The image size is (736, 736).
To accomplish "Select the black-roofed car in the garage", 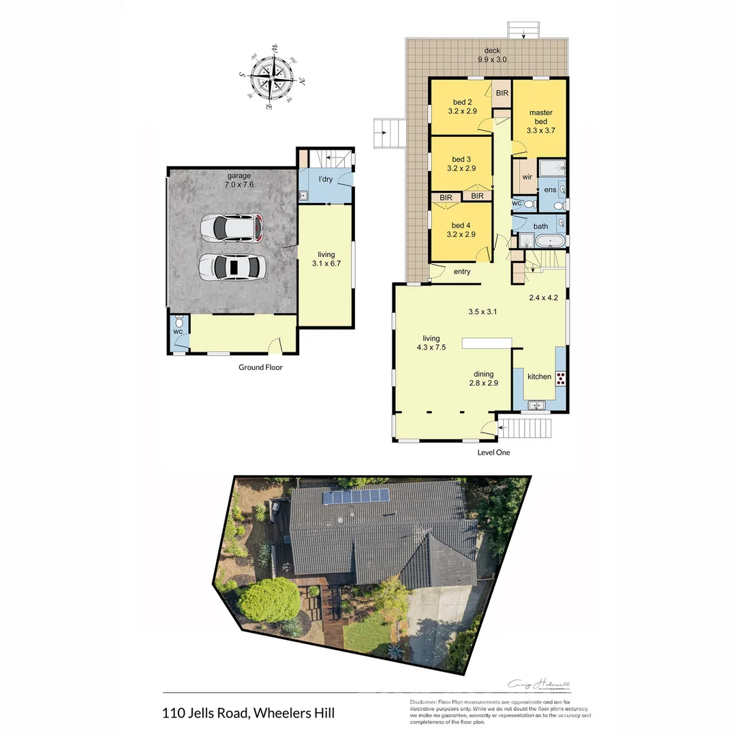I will pyautogui.click(x=232, y=266).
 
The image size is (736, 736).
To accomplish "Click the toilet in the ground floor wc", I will pyautogui.click(x=179, y=322).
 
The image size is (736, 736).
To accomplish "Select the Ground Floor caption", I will pyautogui.click(x=260, y=367).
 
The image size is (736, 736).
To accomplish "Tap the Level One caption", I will pyautogui.click(x=493, y=453).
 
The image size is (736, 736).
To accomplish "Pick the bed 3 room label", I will pyautogui.click(x=461, y=164).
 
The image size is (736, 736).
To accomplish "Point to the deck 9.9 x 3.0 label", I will pyautogui.click(x=492, y=55).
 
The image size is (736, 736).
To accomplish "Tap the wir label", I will pyautogui.click(x=527, y=177).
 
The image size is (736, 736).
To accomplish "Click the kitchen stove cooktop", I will pyautogui.click(x=561, y=378).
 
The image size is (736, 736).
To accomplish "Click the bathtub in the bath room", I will pyautogui.click(x=550, y=241).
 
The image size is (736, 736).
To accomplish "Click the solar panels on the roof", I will pyautogui.click(x=356, y=497).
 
